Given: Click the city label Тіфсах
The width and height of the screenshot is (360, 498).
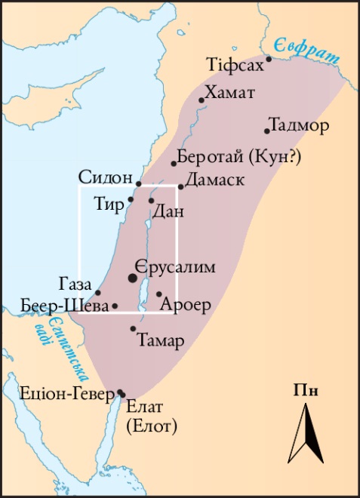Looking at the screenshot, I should [x=235, y=65].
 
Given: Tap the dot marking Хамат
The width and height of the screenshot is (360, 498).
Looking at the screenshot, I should [x=202, y=100].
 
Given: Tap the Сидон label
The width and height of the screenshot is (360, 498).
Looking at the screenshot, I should [x=106, y=177].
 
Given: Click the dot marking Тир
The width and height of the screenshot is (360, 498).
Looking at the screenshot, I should [x=131, y=199].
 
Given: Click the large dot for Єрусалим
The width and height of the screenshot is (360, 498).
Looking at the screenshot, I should [x=134, y=278].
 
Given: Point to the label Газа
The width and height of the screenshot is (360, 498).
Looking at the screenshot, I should [x=76, y=284].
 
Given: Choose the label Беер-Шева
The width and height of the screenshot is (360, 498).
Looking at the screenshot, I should [x=66, y=306].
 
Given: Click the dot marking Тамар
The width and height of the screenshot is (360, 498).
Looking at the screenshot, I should [x=134, y=328].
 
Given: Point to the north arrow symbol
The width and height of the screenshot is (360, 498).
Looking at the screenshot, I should [x=306, y=433].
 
